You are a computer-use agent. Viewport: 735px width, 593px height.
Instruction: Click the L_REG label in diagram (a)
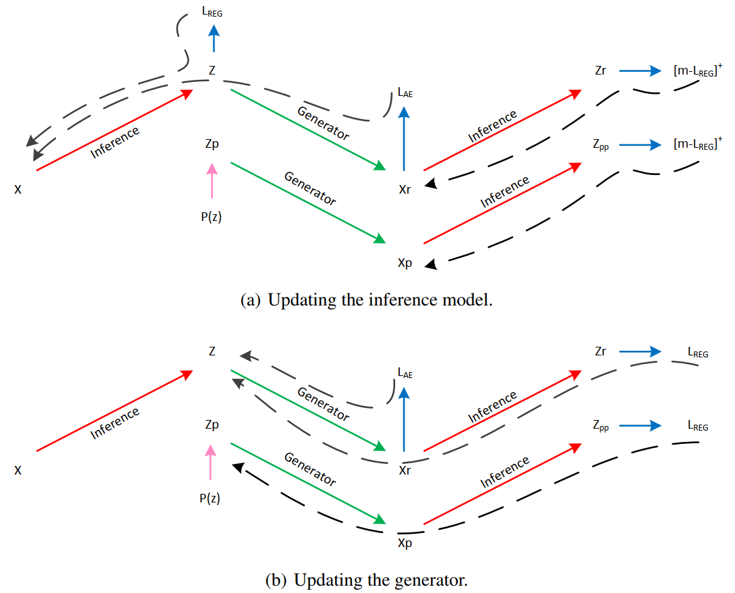click(214, 13)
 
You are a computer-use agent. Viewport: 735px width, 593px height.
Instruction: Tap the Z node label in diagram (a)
click(212, 69)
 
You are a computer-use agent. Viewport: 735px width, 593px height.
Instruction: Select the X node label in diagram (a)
click(18, 190)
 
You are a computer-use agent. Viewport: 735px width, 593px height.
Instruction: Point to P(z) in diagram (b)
click(211, 498)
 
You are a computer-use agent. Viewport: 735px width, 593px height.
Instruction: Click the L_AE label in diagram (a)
click(405, 94)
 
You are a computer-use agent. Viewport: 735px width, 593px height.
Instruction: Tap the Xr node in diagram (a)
click(404, 190)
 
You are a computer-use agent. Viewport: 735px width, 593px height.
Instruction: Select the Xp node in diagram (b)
click(404, 543)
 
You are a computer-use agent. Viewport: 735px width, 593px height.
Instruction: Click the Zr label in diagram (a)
click(600, 70)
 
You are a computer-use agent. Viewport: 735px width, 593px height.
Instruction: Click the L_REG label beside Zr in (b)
click(698, 353)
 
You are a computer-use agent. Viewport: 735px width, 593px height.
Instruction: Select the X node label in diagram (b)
click(18, 471)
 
